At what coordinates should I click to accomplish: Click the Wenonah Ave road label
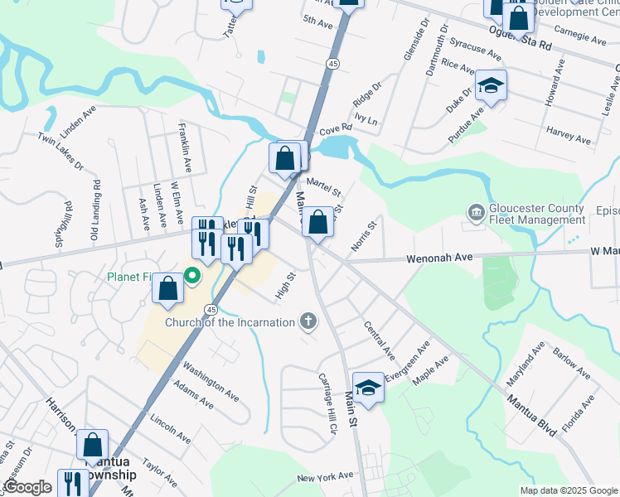click(x=439, y=259)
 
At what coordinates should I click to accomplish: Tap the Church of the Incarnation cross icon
click(x=308, y=321)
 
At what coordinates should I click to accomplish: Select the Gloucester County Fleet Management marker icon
click(x=476, y=213)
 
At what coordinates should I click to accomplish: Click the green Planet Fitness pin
click(x=192, y=276)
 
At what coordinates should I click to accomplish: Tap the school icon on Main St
click(x=368, y=387)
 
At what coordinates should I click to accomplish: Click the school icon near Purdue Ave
click(x=491, y=85)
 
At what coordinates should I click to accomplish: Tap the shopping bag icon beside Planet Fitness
click(x=167, y=288)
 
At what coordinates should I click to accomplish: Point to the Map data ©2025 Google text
click(x=568, y=490)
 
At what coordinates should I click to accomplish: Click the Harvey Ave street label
click(x=569, y=136)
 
